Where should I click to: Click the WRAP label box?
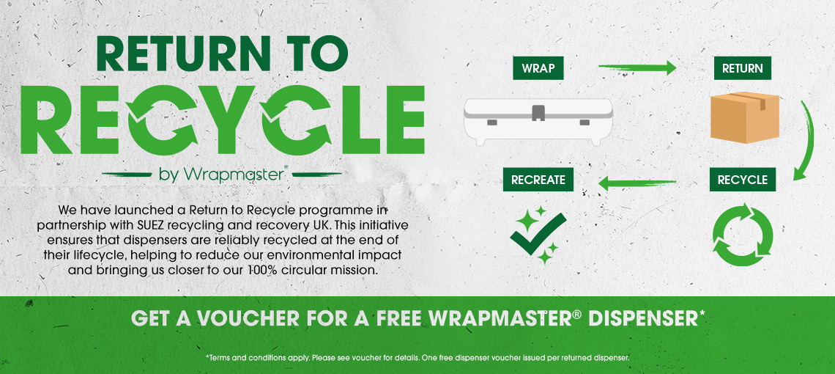pyautogui.click(x=538, y=68)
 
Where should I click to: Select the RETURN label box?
pyautogui.click(x=742, y=68)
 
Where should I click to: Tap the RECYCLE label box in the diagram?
pyautogui.click(x=742, y=180)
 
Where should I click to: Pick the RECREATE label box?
pyautogui.click(x=538, y=180)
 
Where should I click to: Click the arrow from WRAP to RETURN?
pyautogui.click(x=637, y=67)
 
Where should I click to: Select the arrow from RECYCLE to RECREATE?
pyautogui.click(x=637, y=183)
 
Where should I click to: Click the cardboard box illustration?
pyautogui.click(x=745, y=117)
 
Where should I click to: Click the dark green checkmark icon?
pyautogui.click(x=538, y=234)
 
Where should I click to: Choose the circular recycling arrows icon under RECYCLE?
pyautogui.click(x=742, y=234)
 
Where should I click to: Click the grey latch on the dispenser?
pyautogui.click(x=538, y=111)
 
